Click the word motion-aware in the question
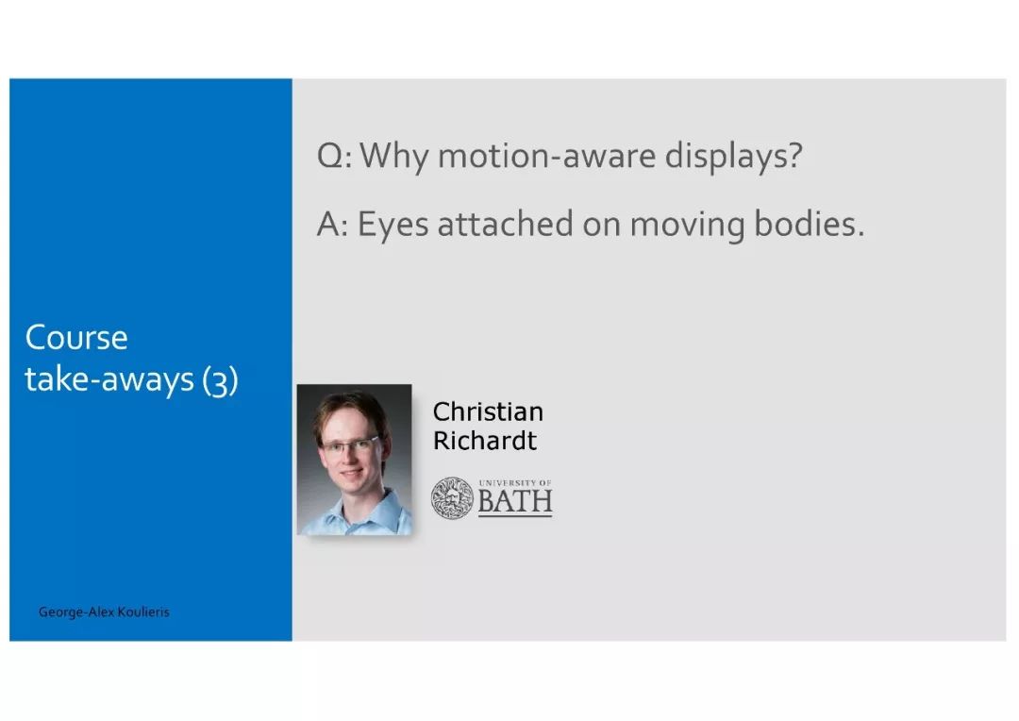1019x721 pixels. click(546, 156)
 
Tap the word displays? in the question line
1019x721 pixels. click(734, 157)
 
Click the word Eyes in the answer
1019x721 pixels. click(393, 226)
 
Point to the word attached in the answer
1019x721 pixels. click(506, 224)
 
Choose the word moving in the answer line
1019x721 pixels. click(687, 226)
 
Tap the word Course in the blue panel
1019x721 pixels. click(76, 338)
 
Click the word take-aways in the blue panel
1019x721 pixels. click(109, 379)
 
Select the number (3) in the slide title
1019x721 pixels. click(220, 381)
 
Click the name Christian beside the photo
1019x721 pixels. click(488, 411)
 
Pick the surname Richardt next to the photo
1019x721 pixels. click(485, 440)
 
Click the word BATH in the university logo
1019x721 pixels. click(515, 500)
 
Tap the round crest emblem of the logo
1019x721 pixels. click(452, 498)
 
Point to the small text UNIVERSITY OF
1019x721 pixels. click(515, 483)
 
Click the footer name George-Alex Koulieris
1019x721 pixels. click(104, 612)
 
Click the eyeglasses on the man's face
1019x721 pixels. click(350, 446)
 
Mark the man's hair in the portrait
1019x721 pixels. click(351, 412)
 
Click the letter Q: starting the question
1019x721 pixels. click(334, 157)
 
